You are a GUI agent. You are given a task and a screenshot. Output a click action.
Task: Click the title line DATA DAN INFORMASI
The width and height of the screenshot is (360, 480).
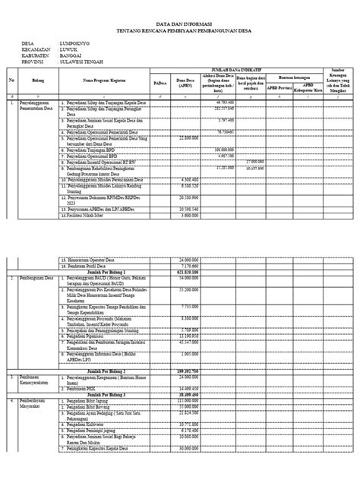tap(179, 24)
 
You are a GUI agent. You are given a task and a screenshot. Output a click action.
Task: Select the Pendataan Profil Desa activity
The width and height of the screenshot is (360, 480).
tap(87, 265)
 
